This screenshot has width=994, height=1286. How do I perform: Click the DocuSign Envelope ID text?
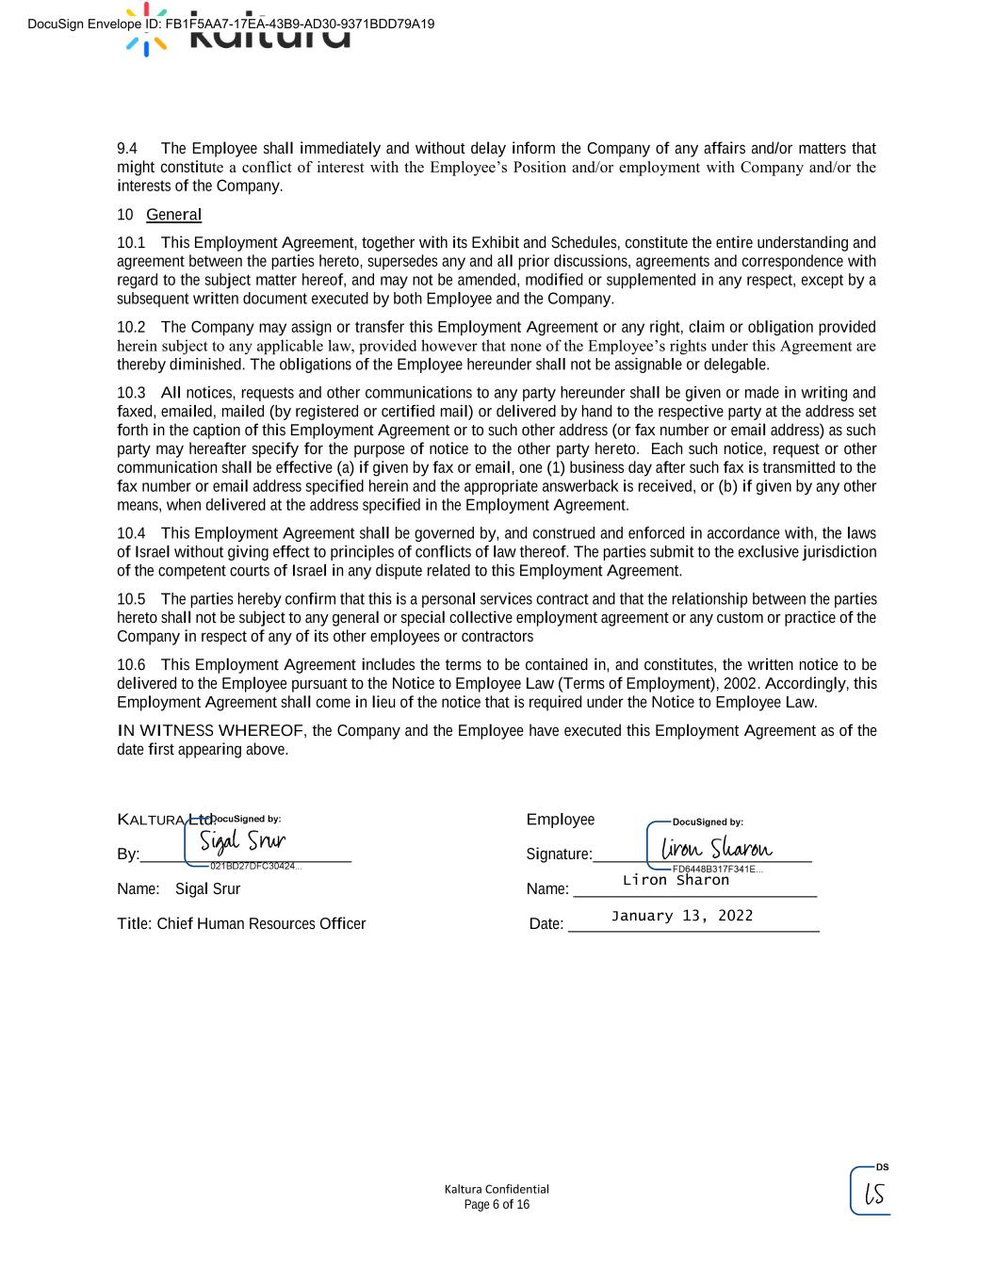pos(231,24)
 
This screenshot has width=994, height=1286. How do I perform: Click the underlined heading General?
pos(173,215)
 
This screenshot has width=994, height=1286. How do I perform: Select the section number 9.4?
pos(127,149)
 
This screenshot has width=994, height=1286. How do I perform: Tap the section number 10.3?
pos(131,393)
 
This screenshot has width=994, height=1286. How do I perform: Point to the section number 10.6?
pos(131,665)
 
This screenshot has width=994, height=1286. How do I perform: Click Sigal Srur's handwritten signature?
pos(242,840)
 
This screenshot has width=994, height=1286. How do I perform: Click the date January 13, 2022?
pos(681,916)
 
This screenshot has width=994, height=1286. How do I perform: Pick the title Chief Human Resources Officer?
pos(261,924)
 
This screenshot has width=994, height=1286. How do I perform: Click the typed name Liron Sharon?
pos(676,880)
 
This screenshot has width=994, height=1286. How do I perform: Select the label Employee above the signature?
pos(561,820)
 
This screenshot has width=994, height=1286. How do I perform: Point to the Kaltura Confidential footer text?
pos(497,1189)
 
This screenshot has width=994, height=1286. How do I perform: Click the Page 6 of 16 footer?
pos(497,1205)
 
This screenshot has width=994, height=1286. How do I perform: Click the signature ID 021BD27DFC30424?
pos(254,866)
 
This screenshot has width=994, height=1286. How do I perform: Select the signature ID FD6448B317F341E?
pos(716,870)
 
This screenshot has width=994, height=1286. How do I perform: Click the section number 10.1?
pos(131,243)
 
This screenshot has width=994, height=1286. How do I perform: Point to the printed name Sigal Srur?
pos(207,889)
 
